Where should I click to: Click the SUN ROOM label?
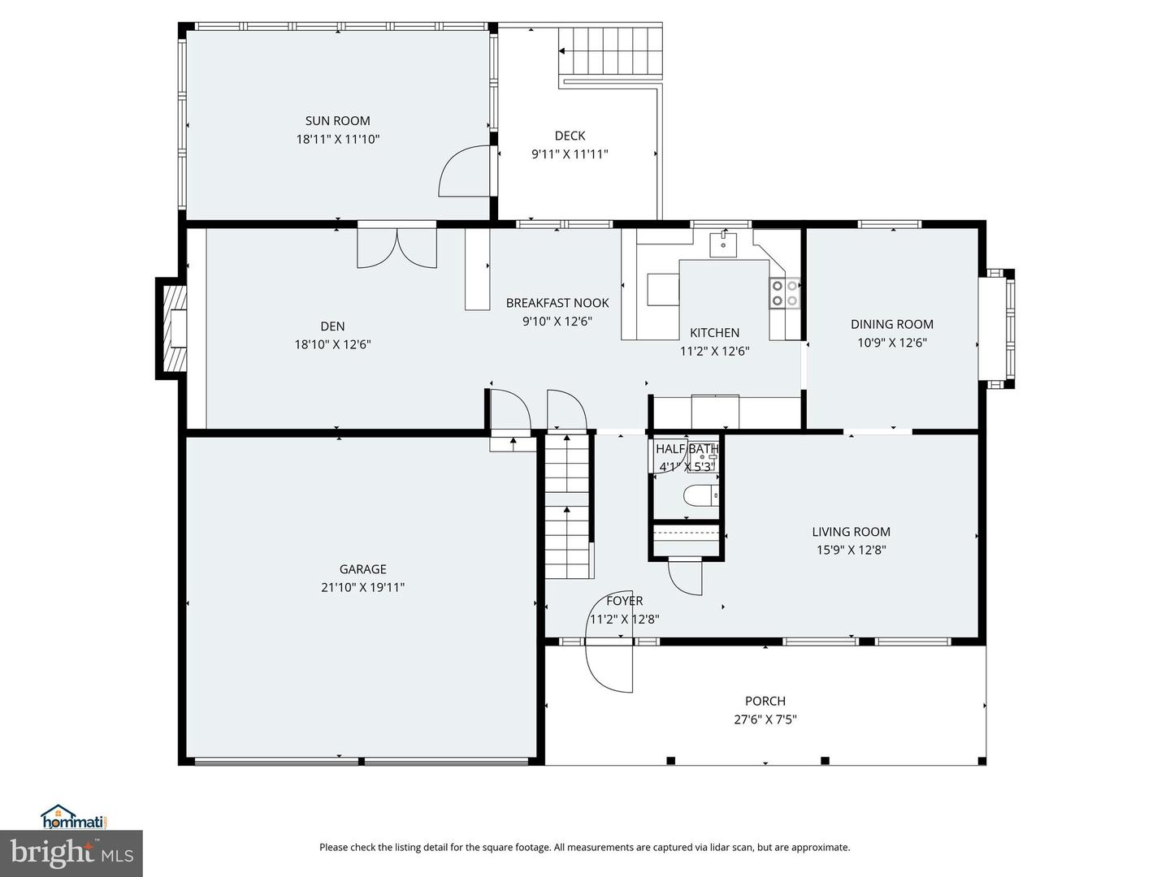point(337,121)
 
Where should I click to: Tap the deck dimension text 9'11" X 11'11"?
point(570,154)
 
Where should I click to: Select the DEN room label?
point(332,326)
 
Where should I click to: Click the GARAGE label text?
point(362,569)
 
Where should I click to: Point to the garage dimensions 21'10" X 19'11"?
point(362,587)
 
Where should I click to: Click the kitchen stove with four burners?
point(784,293)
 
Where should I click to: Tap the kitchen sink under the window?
point(722,243)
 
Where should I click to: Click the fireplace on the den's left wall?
point(173,329)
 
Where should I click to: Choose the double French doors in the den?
point(396,248)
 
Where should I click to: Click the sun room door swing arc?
point(466,172)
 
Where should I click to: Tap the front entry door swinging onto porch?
point(609,666)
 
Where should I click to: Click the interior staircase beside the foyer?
point(567,508)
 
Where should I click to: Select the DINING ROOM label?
point(891,324)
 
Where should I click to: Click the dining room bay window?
point(997,329)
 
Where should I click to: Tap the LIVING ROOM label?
point(851,532)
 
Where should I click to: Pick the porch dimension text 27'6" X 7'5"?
point(765,719)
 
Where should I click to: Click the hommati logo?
point(74,817)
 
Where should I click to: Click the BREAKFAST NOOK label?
point(557,303)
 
